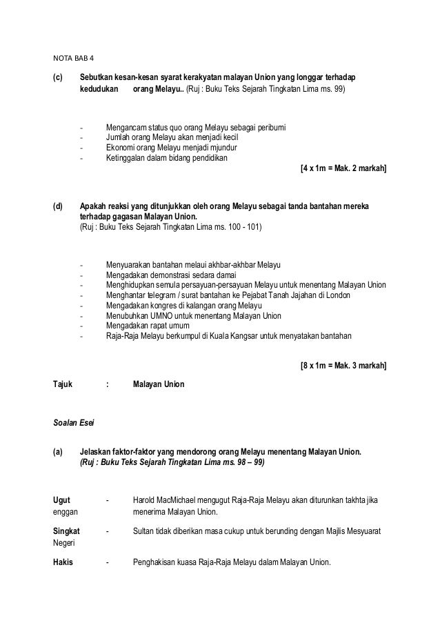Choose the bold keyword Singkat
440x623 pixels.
click(66, 531)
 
